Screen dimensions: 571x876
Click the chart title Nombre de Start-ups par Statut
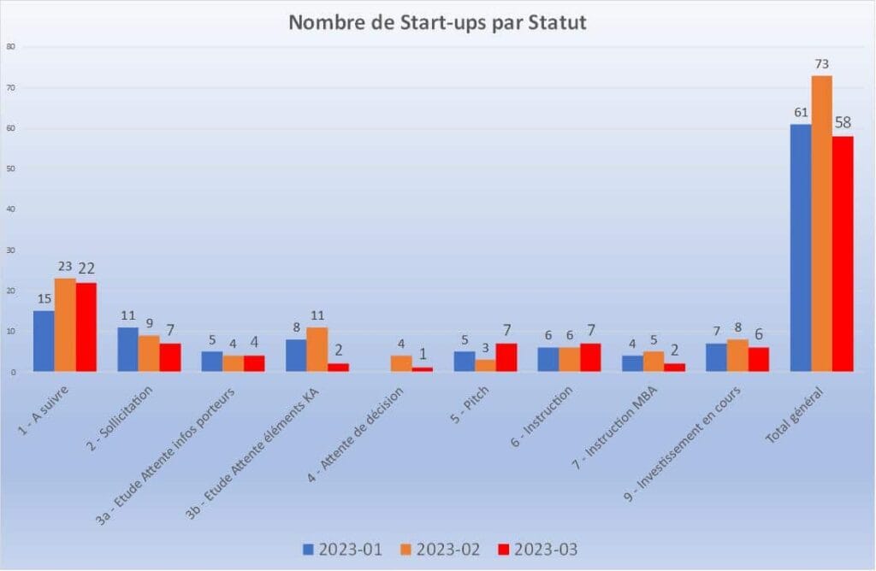(437, 23)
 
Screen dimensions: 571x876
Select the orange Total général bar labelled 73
(821, 224)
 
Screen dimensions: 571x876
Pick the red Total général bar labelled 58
(843, 254)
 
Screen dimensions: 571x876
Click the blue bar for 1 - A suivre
(44, 341)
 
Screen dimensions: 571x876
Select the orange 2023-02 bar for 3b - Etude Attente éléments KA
(317, 350)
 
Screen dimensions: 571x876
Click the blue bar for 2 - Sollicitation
(128, 350)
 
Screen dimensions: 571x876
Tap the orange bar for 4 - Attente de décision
(401, 363)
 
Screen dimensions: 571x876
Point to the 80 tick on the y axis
(10, 47)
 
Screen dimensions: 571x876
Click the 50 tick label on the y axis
(10, 168)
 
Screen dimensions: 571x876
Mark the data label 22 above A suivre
(86, 268)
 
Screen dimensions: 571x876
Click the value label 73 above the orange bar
(821, 63)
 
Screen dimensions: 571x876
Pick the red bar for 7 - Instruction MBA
(674, 368)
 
